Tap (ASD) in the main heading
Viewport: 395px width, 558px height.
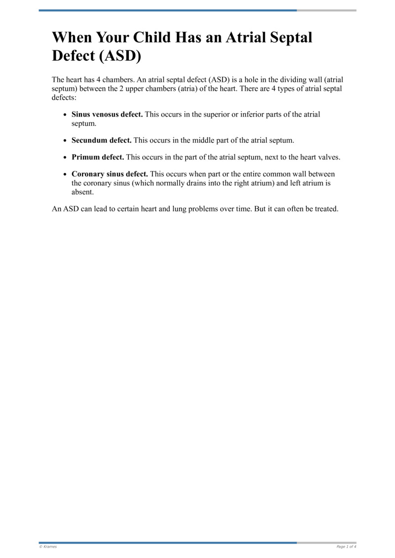(x=120, y=55)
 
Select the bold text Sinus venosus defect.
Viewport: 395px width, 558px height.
(x=107, y=115)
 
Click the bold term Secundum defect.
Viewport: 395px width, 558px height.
(x=102, y=140)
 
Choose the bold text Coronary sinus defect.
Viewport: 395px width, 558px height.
(x=110, y=174)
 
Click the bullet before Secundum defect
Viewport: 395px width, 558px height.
(x=66, y=141)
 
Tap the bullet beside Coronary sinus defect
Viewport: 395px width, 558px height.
(x=66, y=174)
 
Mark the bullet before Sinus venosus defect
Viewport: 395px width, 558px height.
(x=66, y=115)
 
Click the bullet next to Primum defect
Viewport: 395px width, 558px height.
(x=66, y=158)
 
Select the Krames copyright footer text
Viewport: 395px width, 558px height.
(x=48, y=547)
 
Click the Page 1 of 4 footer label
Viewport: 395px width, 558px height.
(x=346, y=547)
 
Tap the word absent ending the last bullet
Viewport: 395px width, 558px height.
(x=82, y=192)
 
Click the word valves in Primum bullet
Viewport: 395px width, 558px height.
(x=328, y=157)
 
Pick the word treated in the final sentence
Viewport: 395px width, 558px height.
(x=325, y=208)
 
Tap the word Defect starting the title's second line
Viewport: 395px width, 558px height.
(x=74, y=55)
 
